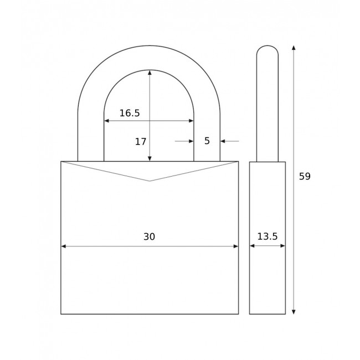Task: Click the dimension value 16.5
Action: [130, 113]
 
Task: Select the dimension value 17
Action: [141, 142]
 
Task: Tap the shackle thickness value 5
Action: [207, 141]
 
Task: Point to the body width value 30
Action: [149, 236]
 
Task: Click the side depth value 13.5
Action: [268, 236]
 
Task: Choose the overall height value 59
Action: [305, 177]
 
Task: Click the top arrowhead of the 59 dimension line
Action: [294, 48]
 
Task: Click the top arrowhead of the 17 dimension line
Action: [150, 73]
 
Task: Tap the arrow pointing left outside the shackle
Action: [223, 141]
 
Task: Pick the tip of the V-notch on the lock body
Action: [150, 181]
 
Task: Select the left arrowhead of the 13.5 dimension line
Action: [252, 246]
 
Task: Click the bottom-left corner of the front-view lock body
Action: [61, 314]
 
